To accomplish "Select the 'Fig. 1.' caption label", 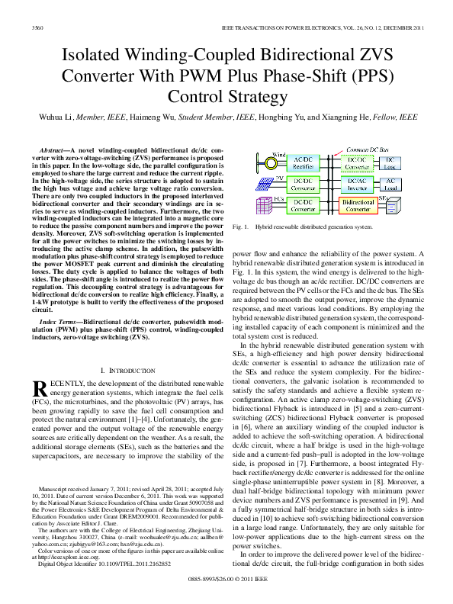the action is (x=241, y=227).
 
